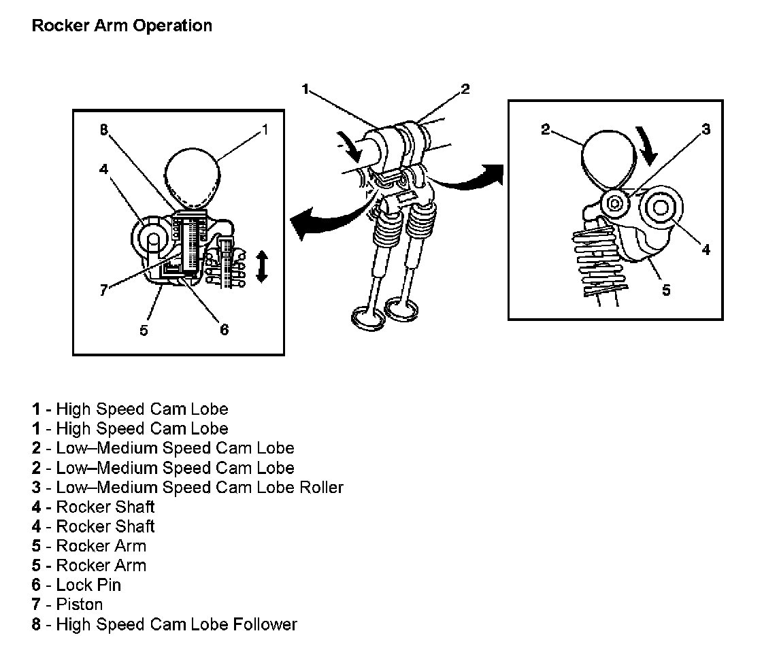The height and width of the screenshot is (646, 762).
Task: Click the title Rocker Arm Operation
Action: (x=122, y=26)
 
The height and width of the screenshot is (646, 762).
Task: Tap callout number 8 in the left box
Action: (x=104, y=129)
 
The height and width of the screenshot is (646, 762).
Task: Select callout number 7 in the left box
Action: (x=103, y=290)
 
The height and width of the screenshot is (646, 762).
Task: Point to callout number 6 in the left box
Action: (x=224, y=330)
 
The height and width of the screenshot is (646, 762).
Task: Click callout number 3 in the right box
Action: (x=706, y=129)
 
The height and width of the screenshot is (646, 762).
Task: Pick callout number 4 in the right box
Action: (x=706, y=250)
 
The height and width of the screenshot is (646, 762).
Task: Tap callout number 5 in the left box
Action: (x=144, y=330)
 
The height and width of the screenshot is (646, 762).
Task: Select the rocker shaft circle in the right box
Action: (x=661, y=207)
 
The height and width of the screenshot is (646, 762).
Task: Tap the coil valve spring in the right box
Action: (x=599, y=265)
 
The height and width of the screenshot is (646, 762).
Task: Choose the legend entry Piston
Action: (x=67, y=605)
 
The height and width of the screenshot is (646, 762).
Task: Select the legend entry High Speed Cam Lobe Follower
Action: (x=165, y=624)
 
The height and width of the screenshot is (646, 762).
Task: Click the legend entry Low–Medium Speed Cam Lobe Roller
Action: (x=187, y=487)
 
